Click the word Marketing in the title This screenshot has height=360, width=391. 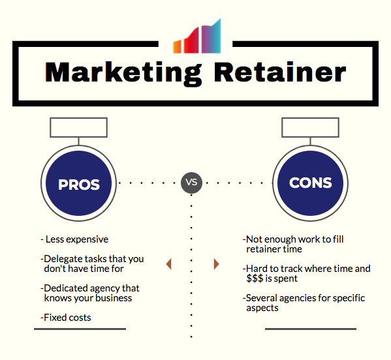coord(123,74)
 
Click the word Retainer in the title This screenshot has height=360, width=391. coord(280,72)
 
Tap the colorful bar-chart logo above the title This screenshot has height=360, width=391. coord(197,36)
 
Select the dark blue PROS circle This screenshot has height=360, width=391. coord(78,183)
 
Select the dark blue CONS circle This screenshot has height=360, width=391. coord(311,183)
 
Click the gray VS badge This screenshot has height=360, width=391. coord(191,183)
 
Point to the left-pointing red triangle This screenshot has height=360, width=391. coord(169,264)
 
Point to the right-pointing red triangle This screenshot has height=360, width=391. coord(216,264)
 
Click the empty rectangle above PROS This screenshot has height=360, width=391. coord(78,128)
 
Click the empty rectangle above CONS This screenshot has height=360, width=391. coord(311,128)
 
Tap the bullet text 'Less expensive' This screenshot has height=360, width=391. coord(77,239)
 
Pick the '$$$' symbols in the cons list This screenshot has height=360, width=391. coord(255,278)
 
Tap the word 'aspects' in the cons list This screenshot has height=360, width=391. coord(262,308)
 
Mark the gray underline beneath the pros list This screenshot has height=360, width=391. coord(80,329)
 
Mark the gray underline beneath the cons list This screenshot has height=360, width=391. coord(311,329)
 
